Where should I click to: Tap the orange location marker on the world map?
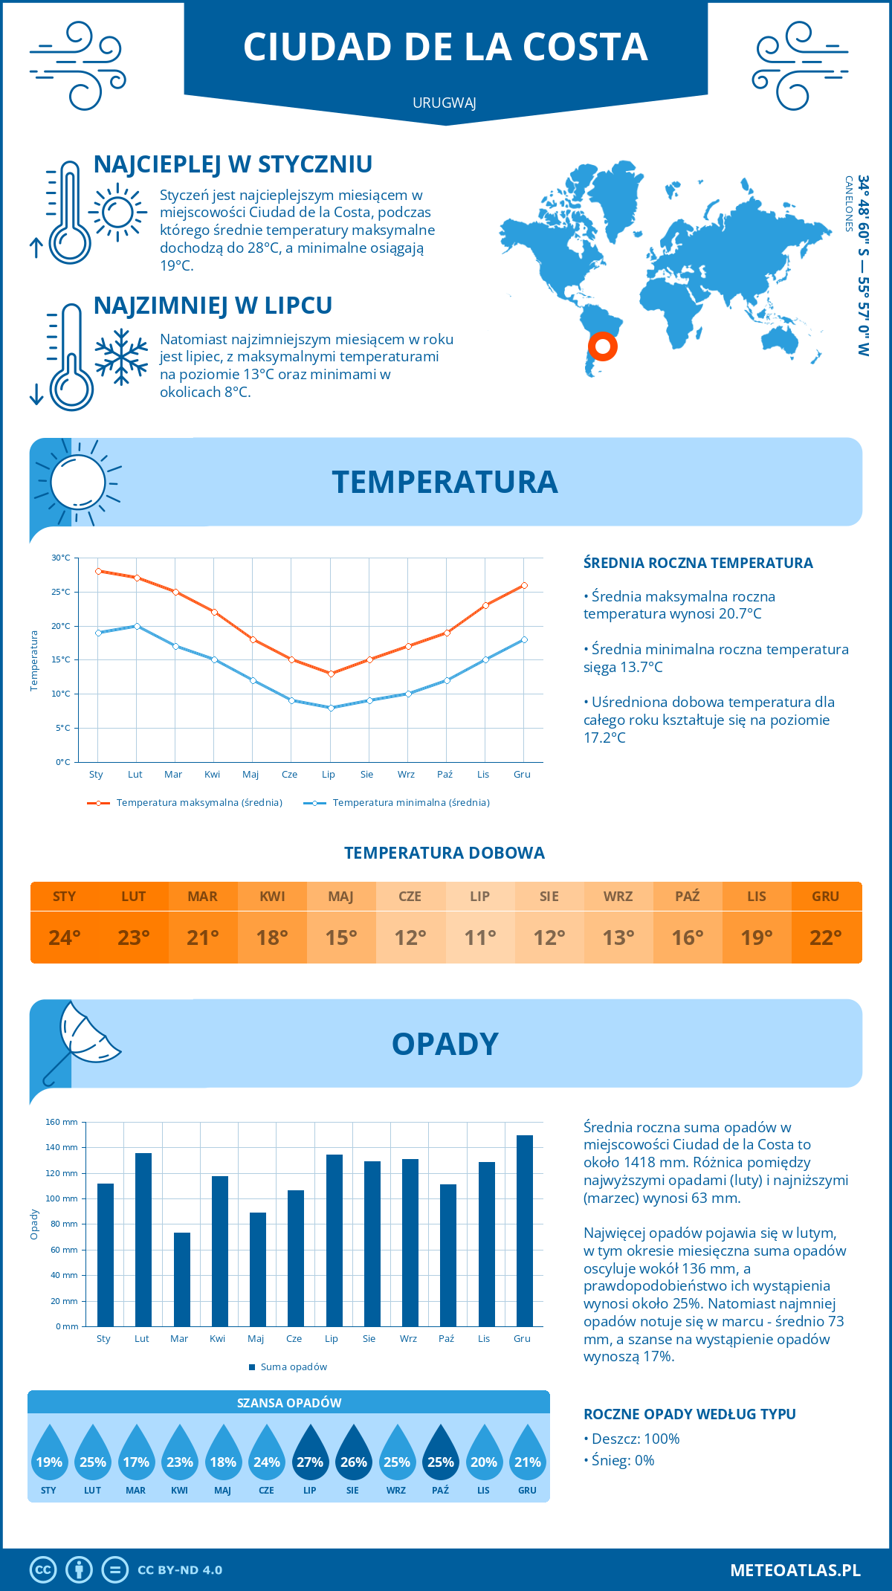(x=603, y=346)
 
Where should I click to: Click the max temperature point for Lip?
(x=331, y=674)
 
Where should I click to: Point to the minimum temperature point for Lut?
(x=137, y=626)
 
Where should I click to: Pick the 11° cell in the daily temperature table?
(x=479, y=938)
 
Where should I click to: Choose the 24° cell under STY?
(x=65, y=938)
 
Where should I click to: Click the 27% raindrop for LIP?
(x=310, y=1454)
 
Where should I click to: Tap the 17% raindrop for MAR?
(x=136, y=1454)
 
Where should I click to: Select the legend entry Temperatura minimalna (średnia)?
(x=410, y=803)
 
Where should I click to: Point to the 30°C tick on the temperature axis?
(x=61, y=558)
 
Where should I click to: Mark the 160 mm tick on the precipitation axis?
(x=62, y=1122)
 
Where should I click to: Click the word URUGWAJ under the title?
(x=445, y=103)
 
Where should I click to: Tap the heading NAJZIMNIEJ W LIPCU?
(x=213, y=306)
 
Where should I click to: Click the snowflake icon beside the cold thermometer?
(x=121, y=357)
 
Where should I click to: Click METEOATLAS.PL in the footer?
(x=795, y=1570)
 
